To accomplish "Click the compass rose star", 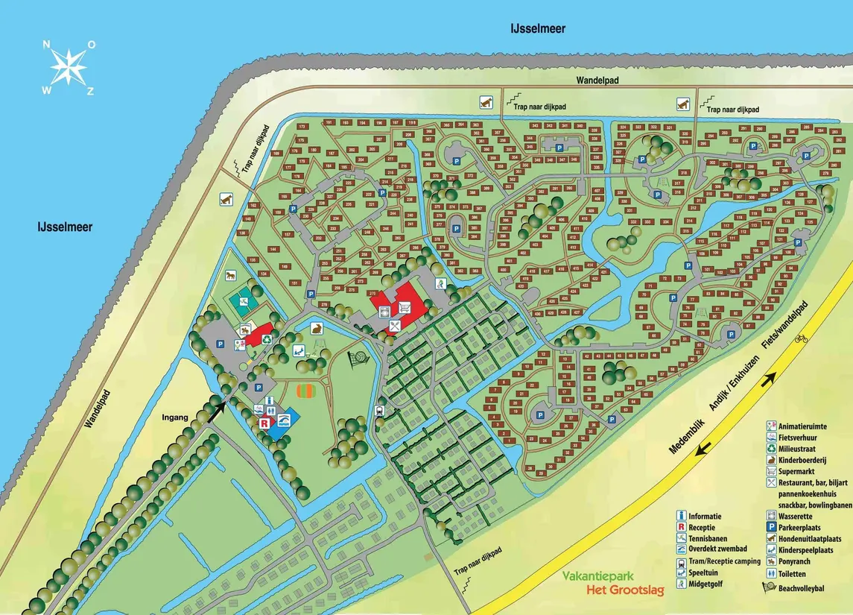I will [69, 67].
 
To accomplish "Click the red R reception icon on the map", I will [264, 423].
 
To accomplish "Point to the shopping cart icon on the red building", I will [405, 306].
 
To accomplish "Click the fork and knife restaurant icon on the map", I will [395, 325].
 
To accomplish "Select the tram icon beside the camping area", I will [381, 409].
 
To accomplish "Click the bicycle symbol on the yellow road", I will [801, 338].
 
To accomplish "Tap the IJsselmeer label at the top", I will [537, 29].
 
